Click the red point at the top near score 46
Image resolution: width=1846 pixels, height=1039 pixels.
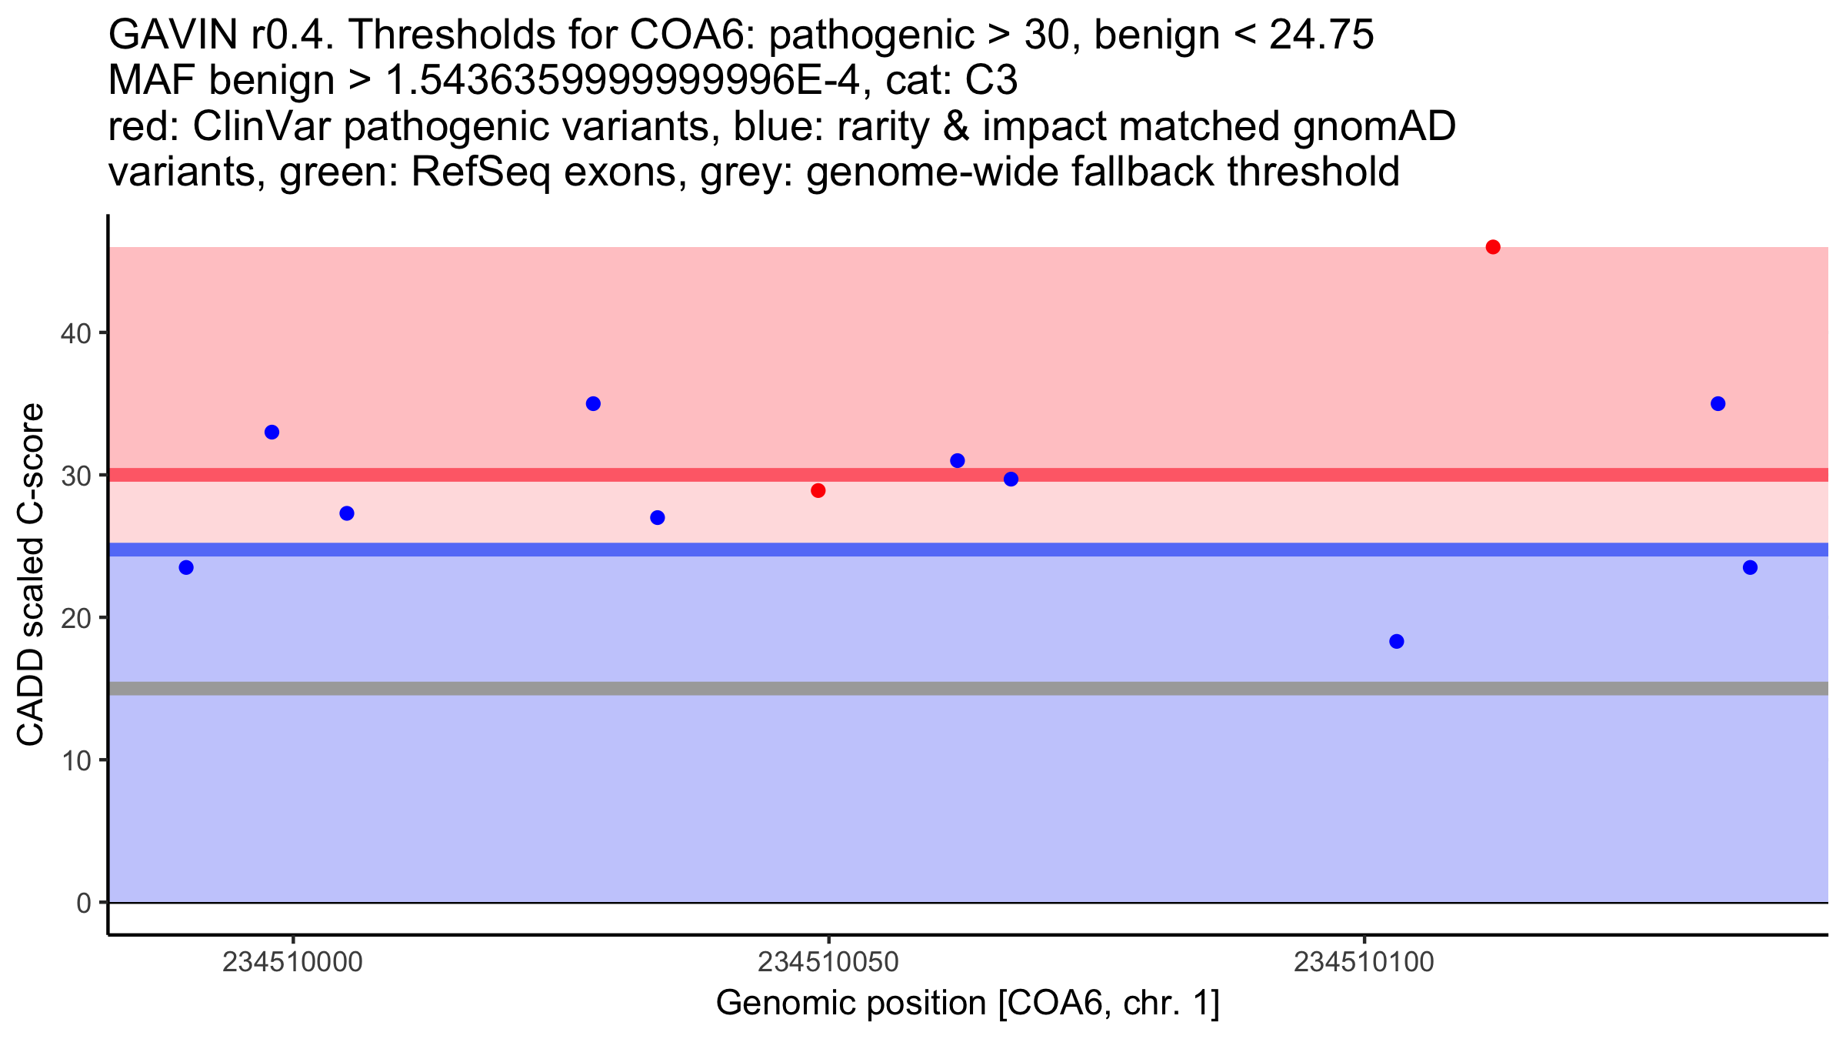[1493, 247]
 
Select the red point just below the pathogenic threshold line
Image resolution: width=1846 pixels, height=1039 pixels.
[818, 491]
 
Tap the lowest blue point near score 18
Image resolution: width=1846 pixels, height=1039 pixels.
[1397, 642]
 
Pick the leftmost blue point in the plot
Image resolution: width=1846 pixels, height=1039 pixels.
[186, 568]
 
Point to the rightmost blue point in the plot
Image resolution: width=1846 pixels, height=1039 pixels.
[1750, 568]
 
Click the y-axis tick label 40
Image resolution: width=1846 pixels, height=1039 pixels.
[75, 333]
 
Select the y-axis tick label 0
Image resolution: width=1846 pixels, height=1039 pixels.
[84, 903]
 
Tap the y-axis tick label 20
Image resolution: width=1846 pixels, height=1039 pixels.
[75, 618]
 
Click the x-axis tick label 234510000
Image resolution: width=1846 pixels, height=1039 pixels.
[292, 962]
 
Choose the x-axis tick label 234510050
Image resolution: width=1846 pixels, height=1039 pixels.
[828, 962]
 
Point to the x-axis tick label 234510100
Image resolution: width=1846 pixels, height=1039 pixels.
[1365, 962]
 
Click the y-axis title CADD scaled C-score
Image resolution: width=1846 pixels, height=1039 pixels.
[31, 575]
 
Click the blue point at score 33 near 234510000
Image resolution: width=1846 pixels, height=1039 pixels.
[272, 433]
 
